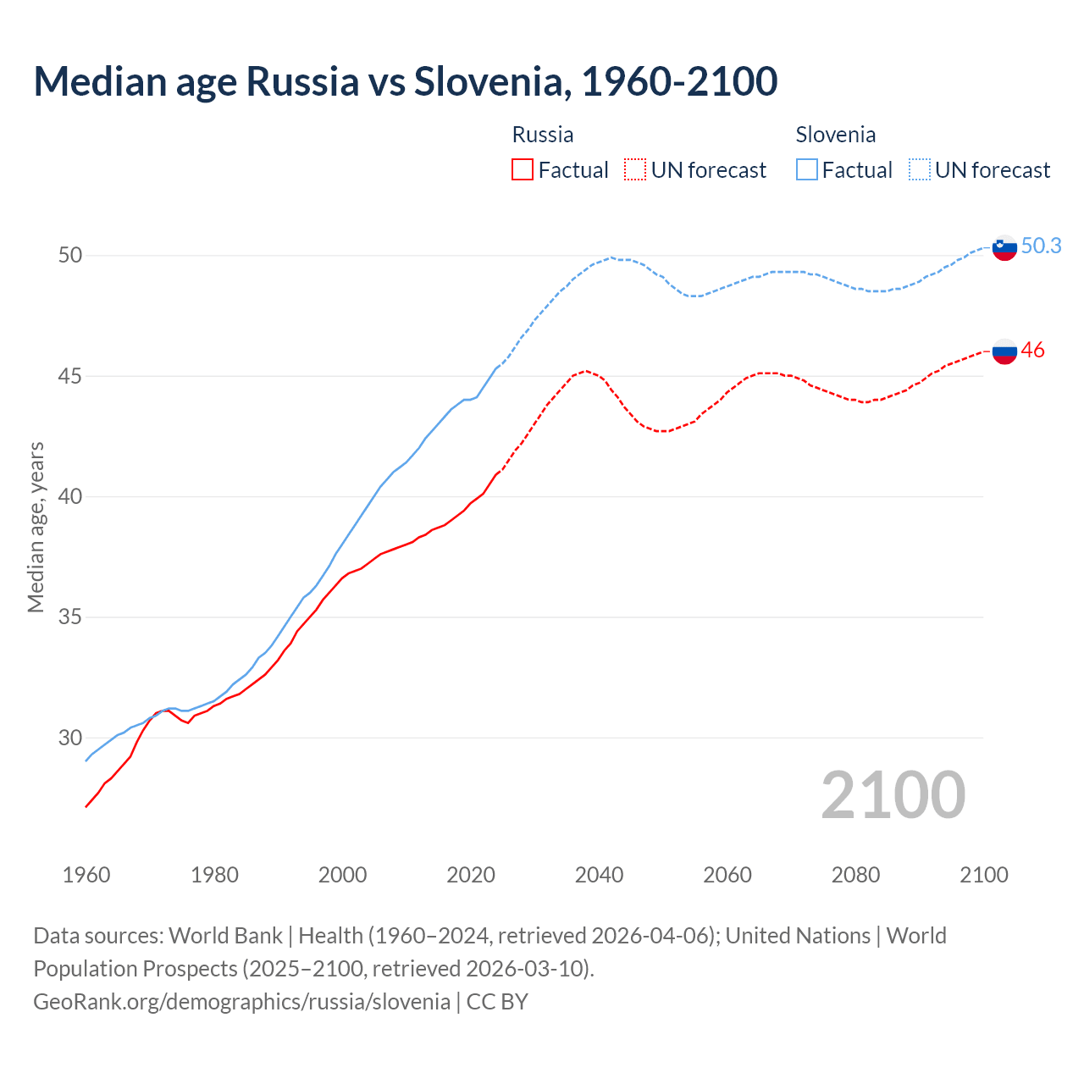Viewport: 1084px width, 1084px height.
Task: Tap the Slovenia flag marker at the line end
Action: (1004, 248)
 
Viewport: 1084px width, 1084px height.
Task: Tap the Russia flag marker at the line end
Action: (1004, 351)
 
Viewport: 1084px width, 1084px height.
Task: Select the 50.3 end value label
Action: (1041, 246)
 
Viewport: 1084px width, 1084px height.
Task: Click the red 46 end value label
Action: (1032, 350)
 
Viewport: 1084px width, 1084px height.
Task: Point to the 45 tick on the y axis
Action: (70, 375)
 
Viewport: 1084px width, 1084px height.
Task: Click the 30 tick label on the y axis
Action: (70, 738)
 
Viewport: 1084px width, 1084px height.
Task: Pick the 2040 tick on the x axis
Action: (599, 875)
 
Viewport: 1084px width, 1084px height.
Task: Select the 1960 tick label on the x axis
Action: (86, 875)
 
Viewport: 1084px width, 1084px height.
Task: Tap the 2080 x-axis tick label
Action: (855, 875)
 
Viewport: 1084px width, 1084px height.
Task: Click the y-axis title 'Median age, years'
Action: (36, 527)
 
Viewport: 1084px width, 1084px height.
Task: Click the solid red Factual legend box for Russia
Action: (523, 170)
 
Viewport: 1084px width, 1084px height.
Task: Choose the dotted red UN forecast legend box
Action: (635, 170)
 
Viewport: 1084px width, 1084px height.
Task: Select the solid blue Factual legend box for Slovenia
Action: (807, 170)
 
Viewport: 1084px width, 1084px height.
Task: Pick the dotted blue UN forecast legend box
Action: (919, 170)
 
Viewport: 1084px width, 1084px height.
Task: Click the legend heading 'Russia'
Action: (543, 135)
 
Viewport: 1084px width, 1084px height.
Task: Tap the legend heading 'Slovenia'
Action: (835, 135)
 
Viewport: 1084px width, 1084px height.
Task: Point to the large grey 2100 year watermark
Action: (893, 794)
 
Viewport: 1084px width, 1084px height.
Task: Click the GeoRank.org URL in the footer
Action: (241, 1001)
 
